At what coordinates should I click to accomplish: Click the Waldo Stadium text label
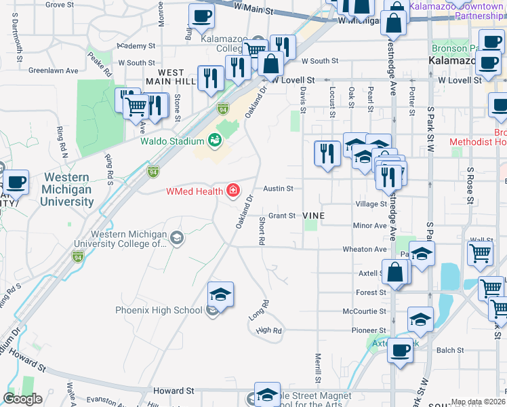pos(172,142)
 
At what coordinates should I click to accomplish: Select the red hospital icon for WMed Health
pos(233,191)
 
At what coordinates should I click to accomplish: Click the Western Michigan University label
pos(66,189)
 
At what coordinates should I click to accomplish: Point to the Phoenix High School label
pos(159,310)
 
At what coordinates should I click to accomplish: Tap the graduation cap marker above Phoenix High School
pos(220,294)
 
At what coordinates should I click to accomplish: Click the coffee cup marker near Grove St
pos(201,16)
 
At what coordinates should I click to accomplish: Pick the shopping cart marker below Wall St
pos(480,254)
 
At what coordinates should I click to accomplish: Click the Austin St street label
pos(278,189)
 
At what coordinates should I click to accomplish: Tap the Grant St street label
pos(282,216)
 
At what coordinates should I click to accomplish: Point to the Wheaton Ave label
pos(364,249)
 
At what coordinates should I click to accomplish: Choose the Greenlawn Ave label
pos(54,70)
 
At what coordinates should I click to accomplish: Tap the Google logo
pos(23,399)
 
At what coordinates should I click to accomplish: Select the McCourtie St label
pos(365,311)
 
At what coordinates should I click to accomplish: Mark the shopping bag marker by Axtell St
pos(396,273)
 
